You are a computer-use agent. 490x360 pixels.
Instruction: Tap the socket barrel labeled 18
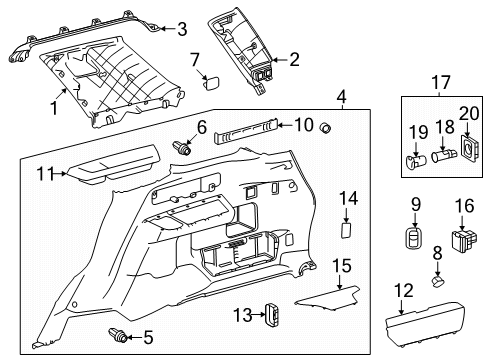click(440, 156)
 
